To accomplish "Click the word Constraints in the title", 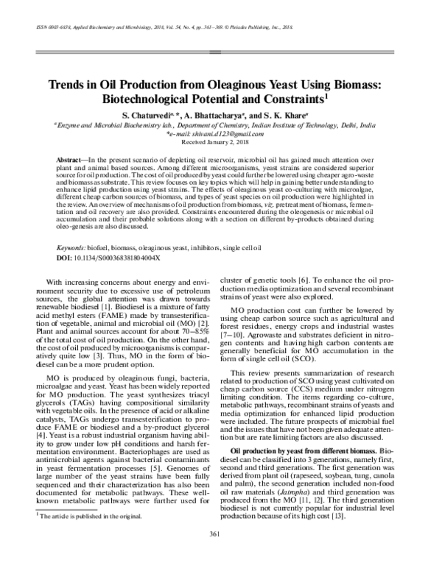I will click(x=301, y=99).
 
